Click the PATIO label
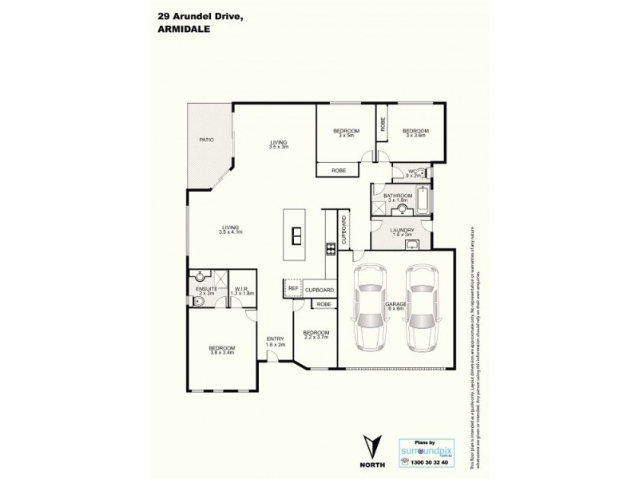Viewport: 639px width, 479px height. coord(206,141)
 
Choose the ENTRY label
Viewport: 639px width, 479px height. coord(276,341)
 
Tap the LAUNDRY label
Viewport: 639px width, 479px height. coord(401,232)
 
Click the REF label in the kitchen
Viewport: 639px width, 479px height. coord(292,289)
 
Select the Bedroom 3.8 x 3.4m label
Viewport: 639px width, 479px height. coord(221,350)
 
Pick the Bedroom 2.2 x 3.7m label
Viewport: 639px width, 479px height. coord(316,335)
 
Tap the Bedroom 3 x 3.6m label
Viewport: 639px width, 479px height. coord(416,133)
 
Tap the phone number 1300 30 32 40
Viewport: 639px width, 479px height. coord(430,464)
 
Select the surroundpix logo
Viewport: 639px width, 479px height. coord(430,449)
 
